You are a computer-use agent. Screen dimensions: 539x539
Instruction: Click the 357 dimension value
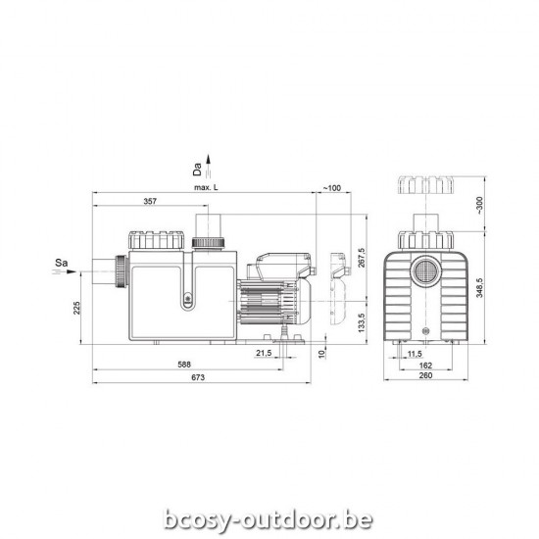150,201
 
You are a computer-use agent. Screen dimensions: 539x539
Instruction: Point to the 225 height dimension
77,312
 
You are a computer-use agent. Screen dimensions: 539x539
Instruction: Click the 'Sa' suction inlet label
61,263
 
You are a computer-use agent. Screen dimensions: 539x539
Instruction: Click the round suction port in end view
427,268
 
